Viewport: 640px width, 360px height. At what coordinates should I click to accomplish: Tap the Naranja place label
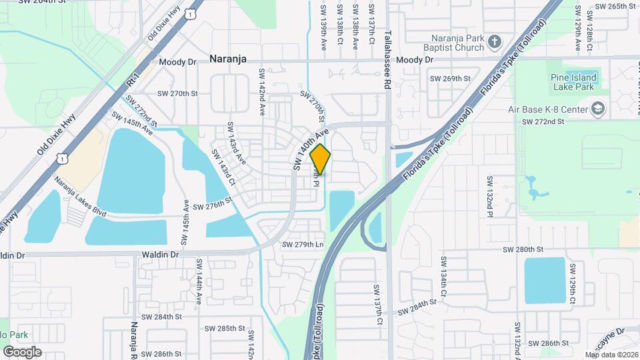coord(228,59)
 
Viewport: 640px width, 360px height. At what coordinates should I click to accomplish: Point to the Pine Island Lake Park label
coord(573,82)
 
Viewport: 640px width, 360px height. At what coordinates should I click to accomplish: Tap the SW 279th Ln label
coord(303,245)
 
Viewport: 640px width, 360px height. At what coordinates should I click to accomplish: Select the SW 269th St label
coord(450,79)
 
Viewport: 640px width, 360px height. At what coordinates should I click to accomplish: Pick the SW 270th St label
coord(177,94)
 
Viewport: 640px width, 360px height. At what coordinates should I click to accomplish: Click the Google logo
coord(22,352)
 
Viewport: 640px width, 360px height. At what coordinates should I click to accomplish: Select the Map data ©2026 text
coord(611,355)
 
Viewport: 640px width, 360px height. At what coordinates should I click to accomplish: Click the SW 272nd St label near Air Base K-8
coord(543,122)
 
